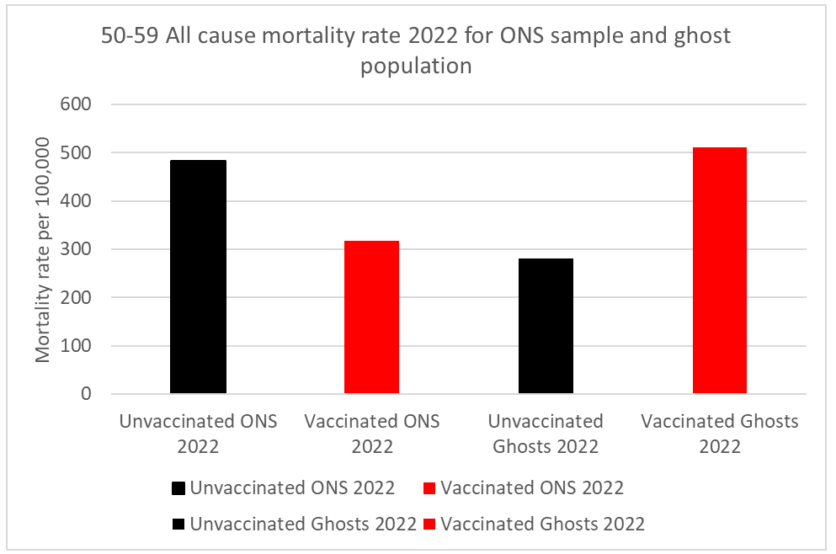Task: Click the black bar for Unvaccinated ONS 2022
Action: (198, 277)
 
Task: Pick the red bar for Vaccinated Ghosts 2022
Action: (720, 270)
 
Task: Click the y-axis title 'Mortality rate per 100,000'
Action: (45, 250)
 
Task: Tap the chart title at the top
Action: (416, 51)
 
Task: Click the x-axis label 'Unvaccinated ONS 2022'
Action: (198, 434)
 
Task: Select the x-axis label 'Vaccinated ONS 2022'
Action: (372, 434)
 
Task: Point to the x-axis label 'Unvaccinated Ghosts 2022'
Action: (546, 434)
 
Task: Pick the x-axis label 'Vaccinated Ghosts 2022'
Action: (720, 434)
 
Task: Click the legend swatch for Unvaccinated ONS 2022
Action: (178, 488)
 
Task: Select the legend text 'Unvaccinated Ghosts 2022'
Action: (303, 524)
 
